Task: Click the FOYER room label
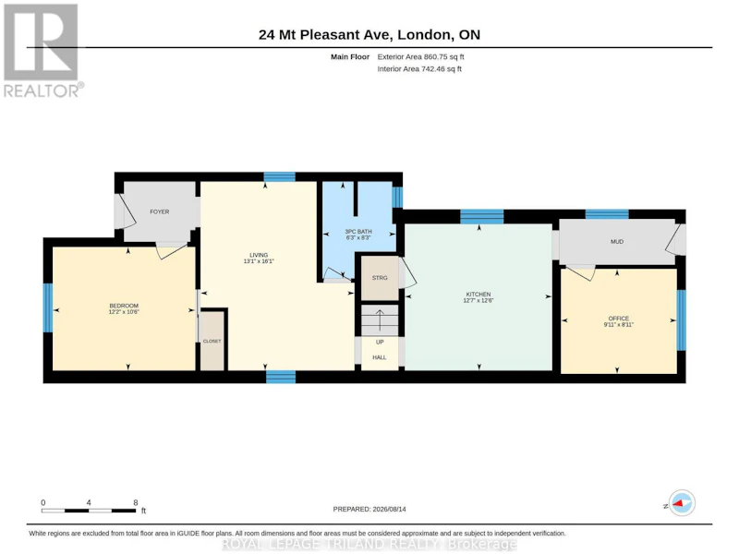(159, 212)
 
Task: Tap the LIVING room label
(259, 255)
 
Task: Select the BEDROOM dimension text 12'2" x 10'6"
(124, 312)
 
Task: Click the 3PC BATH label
(358, 232)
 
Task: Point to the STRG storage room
(380, 278)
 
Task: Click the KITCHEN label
(479, 295)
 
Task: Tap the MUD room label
(617, 242)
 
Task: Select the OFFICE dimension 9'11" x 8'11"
(618, 325)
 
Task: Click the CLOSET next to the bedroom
(212, 341)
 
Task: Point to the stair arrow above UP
(380, 319)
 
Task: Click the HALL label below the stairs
(380, 357)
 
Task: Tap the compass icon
(682, 503)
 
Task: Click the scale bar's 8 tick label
(136, 502)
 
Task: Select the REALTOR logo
(43, 51)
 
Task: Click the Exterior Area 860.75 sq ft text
(421, 57)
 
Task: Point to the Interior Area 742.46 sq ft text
(419, 68)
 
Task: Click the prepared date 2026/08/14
(389, 510)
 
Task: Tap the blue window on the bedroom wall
(48, 307)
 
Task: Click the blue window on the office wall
(682, 319)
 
